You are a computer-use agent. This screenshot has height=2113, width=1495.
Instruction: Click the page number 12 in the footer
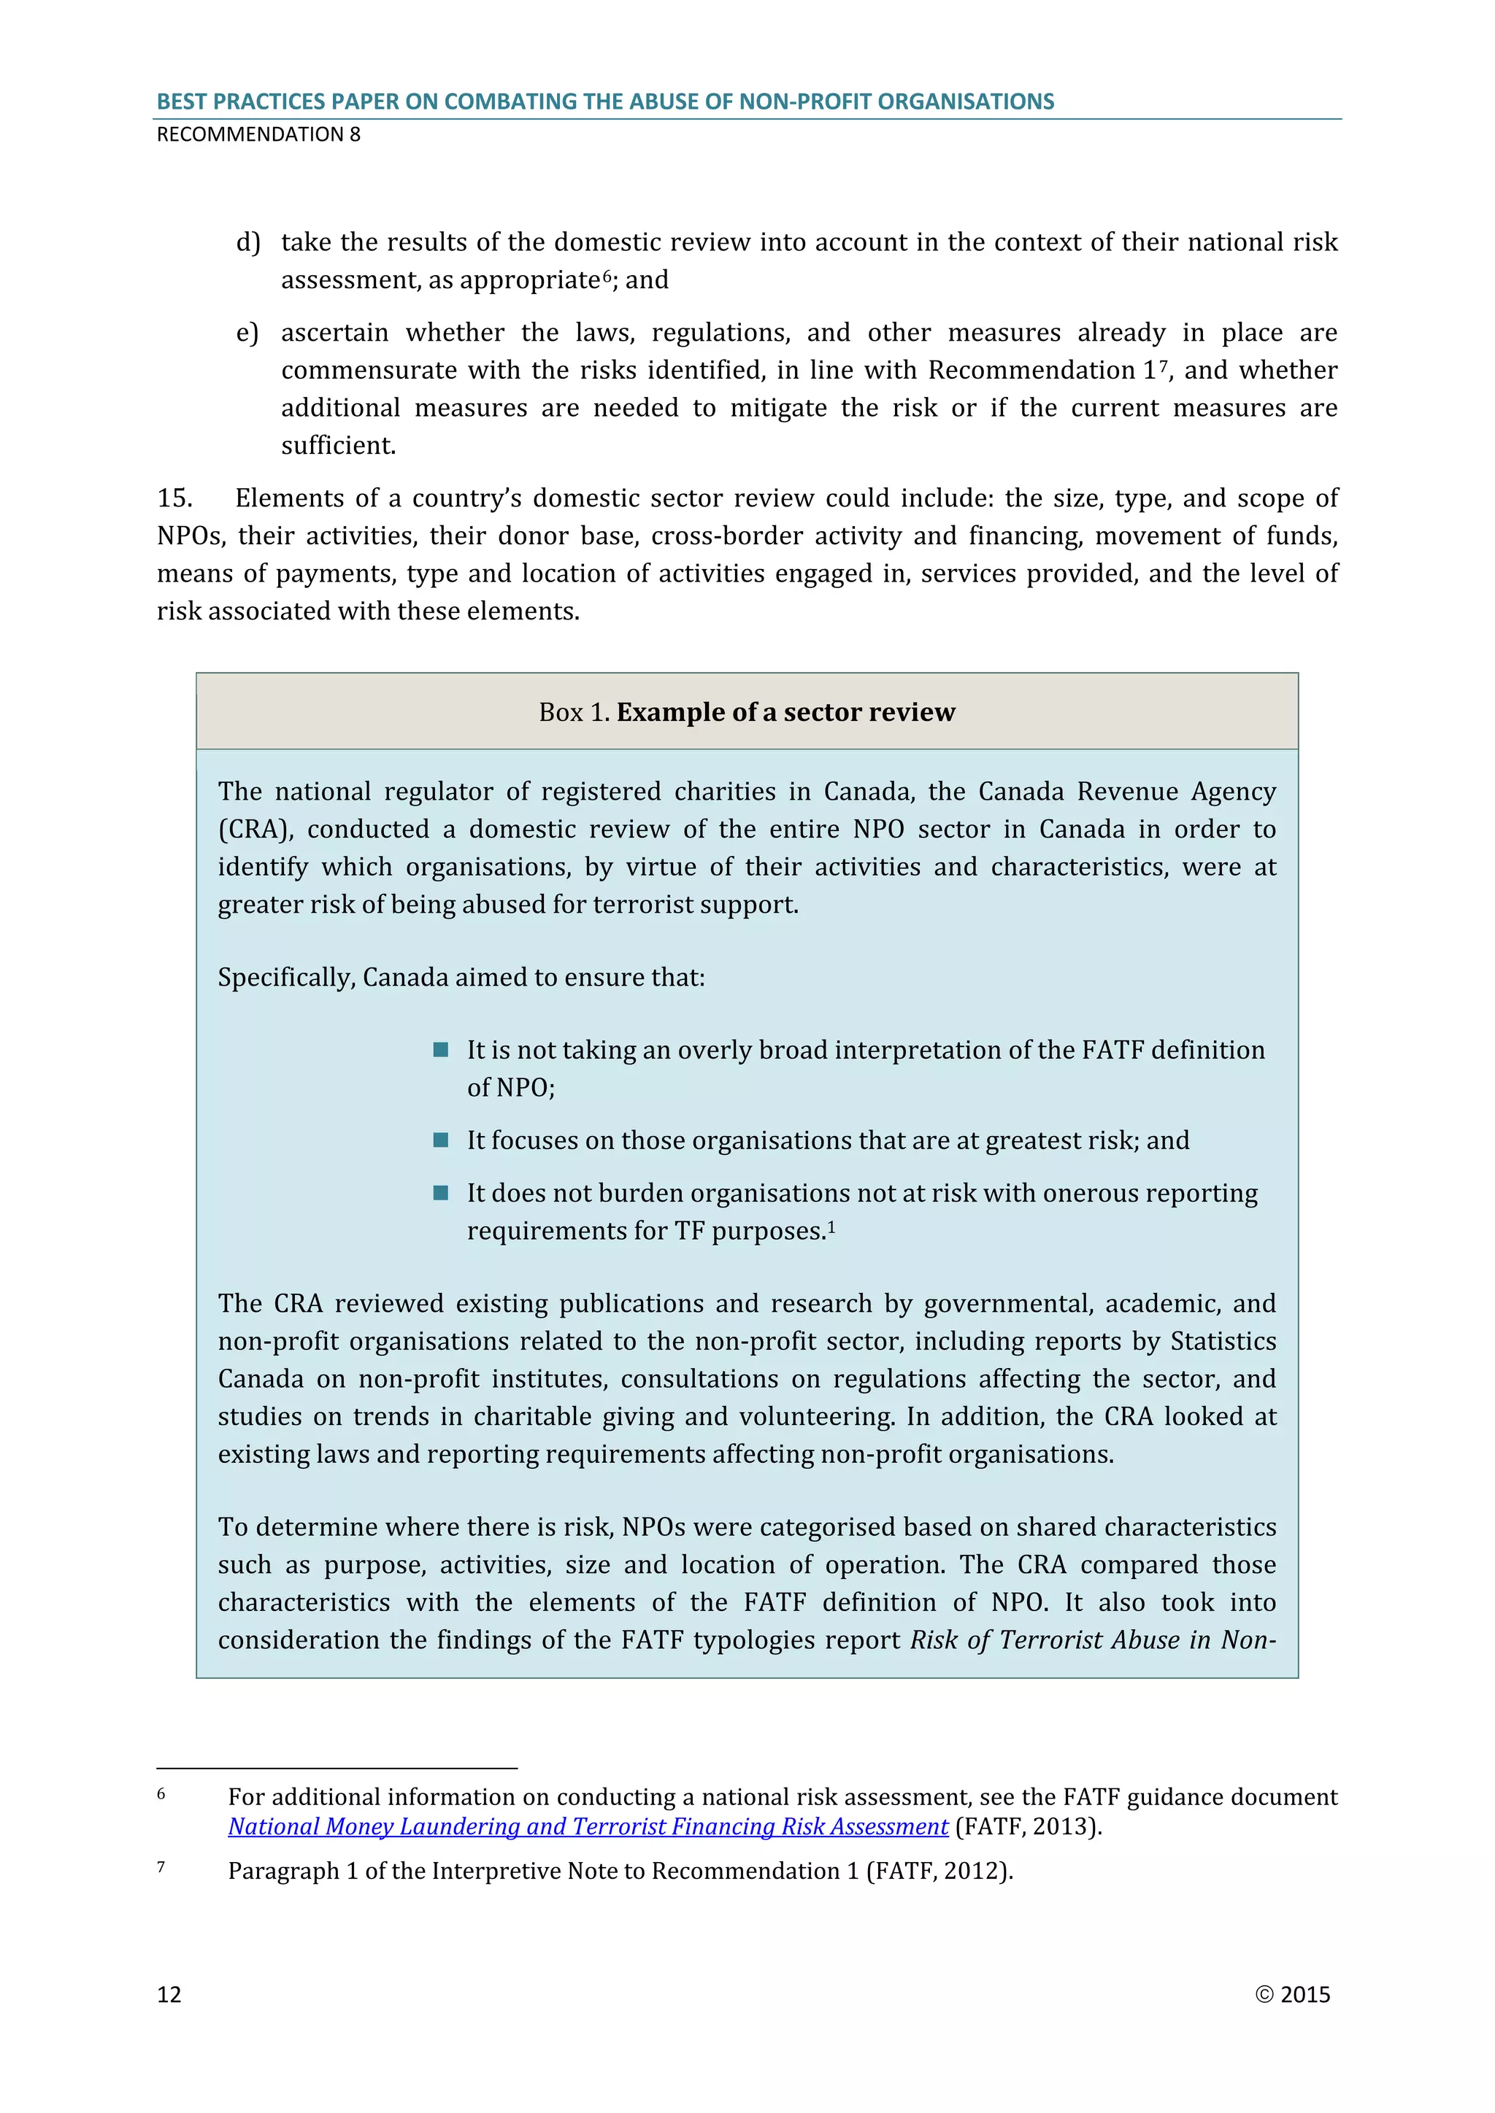coord(169,1994)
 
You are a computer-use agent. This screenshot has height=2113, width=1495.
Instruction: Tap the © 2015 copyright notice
coord(1293,1994)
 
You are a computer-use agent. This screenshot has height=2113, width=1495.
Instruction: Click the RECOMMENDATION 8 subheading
coord(258,134)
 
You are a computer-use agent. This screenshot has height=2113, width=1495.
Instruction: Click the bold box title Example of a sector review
coord(785,712)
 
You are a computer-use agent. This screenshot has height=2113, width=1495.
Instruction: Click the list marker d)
coord(247,242)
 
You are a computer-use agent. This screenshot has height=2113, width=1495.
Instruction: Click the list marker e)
coord(247,332)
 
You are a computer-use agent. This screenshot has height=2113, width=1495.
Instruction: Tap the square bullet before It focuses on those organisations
coord(441,1140)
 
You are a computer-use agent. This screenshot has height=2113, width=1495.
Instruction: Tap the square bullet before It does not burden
coord(441,1193)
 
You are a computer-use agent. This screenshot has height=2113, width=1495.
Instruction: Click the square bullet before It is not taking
coord(441,1049)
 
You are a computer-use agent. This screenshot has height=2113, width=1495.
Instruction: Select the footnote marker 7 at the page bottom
coord(161,1867)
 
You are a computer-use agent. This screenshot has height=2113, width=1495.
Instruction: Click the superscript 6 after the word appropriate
coord(607,275)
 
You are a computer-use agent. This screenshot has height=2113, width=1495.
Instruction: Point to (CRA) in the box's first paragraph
coord(255,829)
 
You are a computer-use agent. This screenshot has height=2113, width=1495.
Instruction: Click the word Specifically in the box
coord(286,978)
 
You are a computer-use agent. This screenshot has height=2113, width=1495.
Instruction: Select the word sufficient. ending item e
coord(338,445)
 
